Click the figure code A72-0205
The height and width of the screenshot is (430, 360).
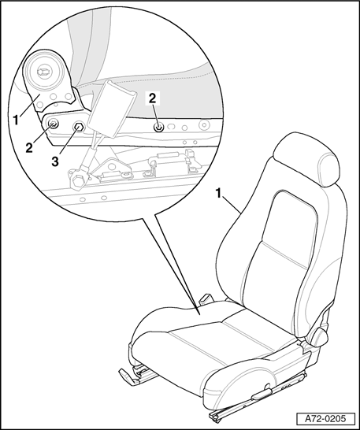point(325,419)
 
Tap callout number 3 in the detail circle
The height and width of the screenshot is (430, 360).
point(55,161)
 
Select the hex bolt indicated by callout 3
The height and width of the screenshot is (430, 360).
point(79,128)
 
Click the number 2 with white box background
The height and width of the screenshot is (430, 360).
point(153,98)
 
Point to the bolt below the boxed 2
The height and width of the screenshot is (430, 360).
point(158,128)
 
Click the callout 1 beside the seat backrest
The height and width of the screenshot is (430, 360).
point(219,194)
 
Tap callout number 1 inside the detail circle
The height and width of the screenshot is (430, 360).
point(17,120)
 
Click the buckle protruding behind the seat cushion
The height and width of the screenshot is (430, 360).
point(206,299)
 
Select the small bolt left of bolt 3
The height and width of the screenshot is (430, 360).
point(53,124)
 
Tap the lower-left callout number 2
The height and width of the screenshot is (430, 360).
point(29,148)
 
